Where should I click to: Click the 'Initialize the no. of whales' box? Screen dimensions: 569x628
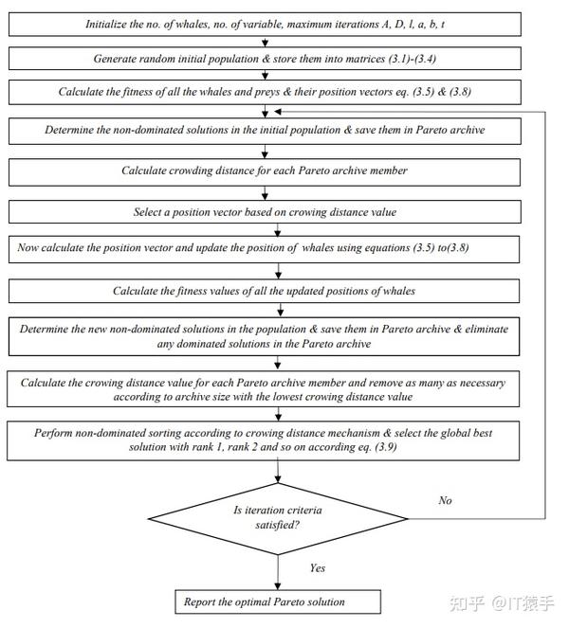pos(265,25)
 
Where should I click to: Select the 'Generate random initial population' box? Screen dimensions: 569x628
pos(265,59)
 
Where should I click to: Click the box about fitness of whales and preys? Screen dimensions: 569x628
pos(265,92)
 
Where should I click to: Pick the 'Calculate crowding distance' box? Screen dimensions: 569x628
pos(265,172)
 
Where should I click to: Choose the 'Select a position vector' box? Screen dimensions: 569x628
pos(265,212)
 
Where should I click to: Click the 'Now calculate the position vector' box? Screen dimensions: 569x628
pos(264,249)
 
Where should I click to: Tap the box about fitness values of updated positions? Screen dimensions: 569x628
pos(264,291)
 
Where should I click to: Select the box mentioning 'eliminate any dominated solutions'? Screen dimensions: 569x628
pos(264,336)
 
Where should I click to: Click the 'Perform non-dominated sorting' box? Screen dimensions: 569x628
pos(263,440)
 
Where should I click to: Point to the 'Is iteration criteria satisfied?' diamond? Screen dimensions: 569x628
pos(278,519)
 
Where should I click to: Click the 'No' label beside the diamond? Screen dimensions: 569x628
pos(445,500)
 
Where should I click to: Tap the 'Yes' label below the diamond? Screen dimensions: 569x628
pos(317,568)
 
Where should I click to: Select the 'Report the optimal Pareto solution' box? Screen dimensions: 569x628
pos(278,601)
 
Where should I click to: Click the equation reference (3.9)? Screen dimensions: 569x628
pos(386,447)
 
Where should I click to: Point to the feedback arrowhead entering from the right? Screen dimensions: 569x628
pos(278,112)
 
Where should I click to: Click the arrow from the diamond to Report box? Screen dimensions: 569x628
pos(278,572)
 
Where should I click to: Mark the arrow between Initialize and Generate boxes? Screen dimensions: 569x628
pos(265,42)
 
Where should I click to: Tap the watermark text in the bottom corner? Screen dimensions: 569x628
pos(502,603)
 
